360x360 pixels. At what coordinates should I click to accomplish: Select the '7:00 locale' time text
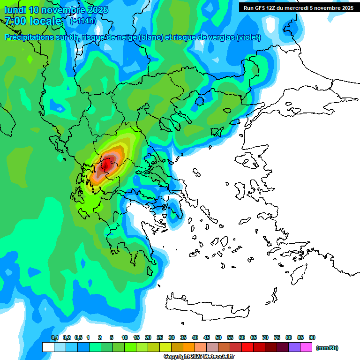pyautogui.click(x=33, y=21)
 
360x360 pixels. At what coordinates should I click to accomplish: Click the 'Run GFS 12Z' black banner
pyautogui.click(x=299, y=8)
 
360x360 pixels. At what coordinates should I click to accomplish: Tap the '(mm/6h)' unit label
pyautogui.click(x=327, y=348)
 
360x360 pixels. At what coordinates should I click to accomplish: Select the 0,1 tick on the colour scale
pyautogui.click(x=54, y=338)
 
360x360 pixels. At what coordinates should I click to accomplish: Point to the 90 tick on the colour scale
pyautogui.click(x=312, y=338)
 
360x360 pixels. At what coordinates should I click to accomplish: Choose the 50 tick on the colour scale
pyautogui.click(x=218, y=338)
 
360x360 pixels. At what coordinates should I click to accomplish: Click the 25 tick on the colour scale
pyautogui.click(x=160, y=338)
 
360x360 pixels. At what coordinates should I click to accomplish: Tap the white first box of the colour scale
pyautogui.click(x=48, y=347)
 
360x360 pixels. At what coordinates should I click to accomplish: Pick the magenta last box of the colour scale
pyautogui.click(x=306, y=347)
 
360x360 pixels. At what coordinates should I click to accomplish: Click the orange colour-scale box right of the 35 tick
pyautogui.click(x=189, y=347)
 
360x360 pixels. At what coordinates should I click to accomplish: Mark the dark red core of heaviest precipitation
pyautogui.click(x=107, y=165)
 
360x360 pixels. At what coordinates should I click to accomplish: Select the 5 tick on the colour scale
pyautogui.click(x=112, y=338)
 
